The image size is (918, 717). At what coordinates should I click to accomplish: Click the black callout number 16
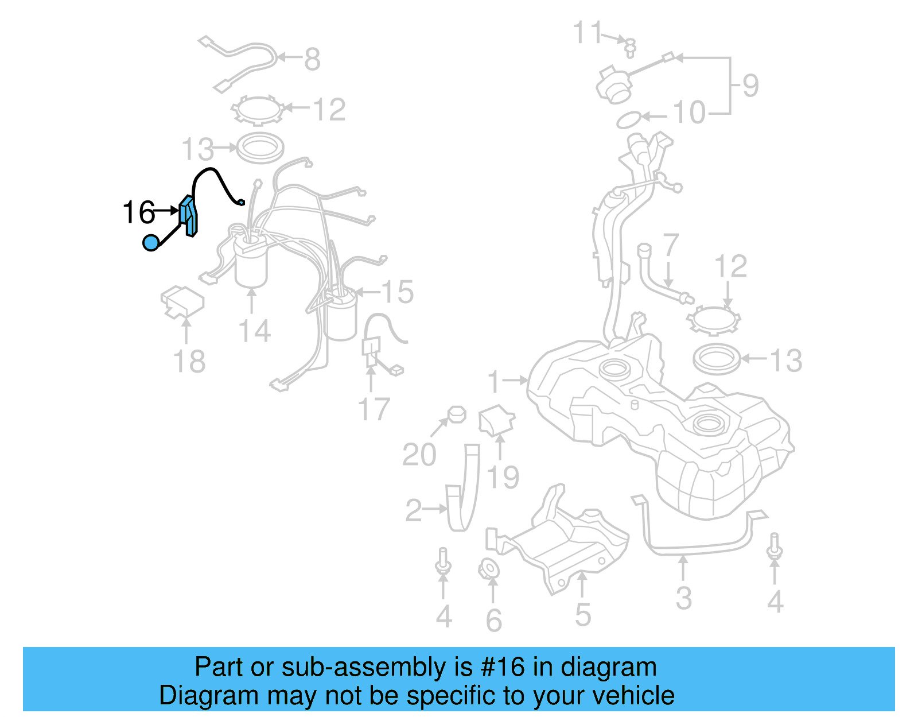point(139,212)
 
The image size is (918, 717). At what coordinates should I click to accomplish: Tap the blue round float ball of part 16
point(150,243)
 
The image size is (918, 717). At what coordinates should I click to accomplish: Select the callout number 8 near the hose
point(312,59)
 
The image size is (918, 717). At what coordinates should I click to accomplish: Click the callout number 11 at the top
point(588,33)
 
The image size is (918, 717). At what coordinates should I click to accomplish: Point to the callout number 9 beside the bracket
point(750,86)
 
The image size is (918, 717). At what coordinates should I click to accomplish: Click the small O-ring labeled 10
point(628,120)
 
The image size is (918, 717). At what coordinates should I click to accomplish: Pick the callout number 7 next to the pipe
point(670,245)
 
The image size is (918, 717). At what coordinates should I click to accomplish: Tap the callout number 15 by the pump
point(397,292)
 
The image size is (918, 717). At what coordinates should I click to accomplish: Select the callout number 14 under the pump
point(254,331)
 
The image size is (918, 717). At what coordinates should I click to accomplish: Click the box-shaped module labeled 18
point(182,301)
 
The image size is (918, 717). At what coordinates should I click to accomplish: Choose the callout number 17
point(374,409)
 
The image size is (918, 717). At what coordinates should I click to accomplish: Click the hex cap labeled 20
point(457,414)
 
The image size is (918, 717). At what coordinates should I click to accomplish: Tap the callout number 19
point(503,477)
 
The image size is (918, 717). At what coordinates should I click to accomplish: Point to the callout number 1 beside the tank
point(495,382)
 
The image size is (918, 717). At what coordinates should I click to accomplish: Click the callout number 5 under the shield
point(583,615)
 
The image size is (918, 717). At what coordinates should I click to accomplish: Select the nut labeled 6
point(489,569)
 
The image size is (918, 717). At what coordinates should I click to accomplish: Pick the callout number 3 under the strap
point(683,598)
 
